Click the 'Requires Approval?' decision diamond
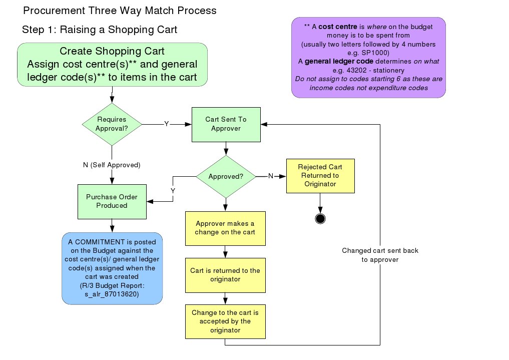[112, 124]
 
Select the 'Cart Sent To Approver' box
[226, 124]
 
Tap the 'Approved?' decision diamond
[226, 176]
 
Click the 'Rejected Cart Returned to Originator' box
[321, 176]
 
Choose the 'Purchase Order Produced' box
[112, 201]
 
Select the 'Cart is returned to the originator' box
[225, 275]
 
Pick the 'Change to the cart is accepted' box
[225, 321]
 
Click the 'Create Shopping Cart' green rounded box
[112, 65]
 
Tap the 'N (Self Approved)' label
[112, 165]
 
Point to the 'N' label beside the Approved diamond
[271, 176]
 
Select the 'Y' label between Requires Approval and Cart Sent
[167, 124]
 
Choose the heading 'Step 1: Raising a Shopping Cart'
[100, 30]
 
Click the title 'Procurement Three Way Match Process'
[120, 10]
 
